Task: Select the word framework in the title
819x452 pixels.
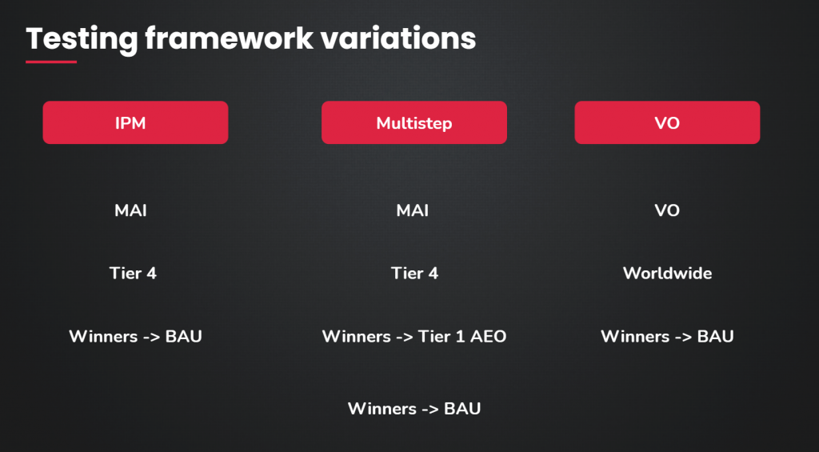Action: [230, 38]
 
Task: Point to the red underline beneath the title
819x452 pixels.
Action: [51, 62]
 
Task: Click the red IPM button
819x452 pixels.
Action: [135, 122]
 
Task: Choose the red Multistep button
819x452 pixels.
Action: [414, 122]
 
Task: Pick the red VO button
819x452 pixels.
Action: [667, 122]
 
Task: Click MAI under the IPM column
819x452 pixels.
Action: [130, 210]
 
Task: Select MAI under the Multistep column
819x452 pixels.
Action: [413, 210]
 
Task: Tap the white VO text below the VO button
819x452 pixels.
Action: [667, 210]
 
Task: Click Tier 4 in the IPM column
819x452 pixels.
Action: [133, 273]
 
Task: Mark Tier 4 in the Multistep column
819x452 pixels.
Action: [415, 273]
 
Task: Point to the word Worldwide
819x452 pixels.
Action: [667, 273]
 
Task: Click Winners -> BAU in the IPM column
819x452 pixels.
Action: [135, 336]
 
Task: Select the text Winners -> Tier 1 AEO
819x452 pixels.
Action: [414, 336]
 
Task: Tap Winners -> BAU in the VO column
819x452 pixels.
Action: [667, 336]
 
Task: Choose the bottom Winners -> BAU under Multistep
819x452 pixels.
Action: [414, 408]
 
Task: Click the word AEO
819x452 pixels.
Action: [489, 336]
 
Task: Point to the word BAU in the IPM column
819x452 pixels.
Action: [183, 336]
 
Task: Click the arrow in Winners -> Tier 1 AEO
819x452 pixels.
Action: [403, 337]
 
